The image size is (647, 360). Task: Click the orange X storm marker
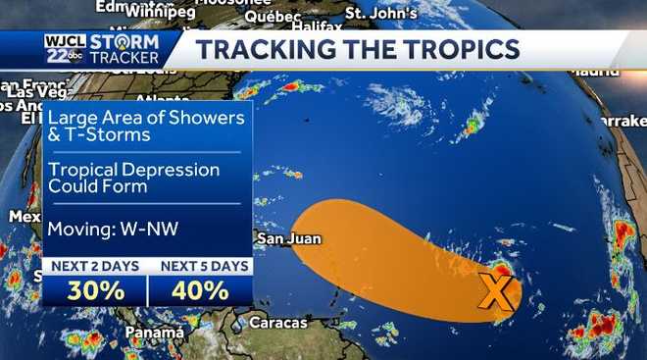497,290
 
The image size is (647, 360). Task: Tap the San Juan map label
288,238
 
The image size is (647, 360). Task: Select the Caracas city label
278,323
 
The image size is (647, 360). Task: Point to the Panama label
154,333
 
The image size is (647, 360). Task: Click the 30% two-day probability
96,290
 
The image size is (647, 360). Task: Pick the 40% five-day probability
200,290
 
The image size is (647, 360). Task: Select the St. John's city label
381,14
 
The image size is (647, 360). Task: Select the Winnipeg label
162,12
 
